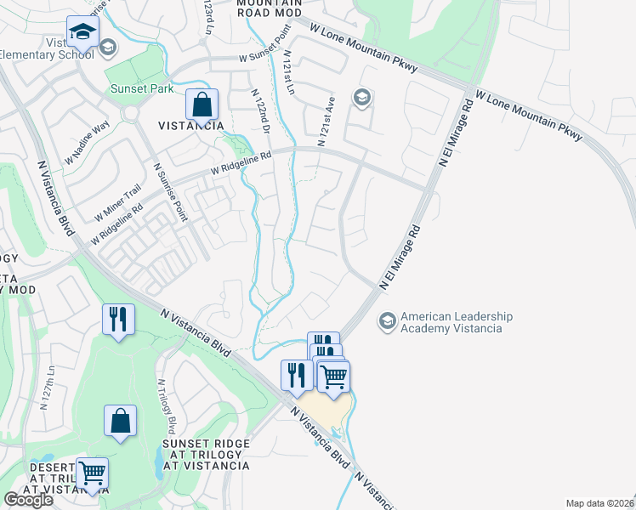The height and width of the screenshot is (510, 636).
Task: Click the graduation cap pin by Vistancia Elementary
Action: coord(82,33)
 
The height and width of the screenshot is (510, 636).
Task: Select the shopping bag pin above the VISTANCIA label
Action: coord(202,106)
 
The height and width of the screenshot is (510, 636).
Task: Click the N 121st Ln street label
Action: coord(291,72)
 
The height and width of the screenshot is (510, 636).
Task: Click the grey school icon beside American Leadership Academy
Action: coord(388,321)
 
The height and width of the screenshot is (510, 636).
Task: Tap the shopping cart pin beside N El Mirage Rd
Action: coord(333,375)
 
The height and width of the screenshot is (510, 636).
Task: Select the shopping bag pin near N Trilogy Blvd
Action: coord(120,421)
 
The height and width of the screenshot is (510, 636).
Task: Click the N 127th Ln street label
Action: coord(48,388)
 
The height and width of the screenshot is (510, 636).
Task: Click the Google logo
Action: coord(28,500)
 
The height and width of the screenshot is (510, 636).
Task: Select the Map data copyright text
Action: coord(600,503)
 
